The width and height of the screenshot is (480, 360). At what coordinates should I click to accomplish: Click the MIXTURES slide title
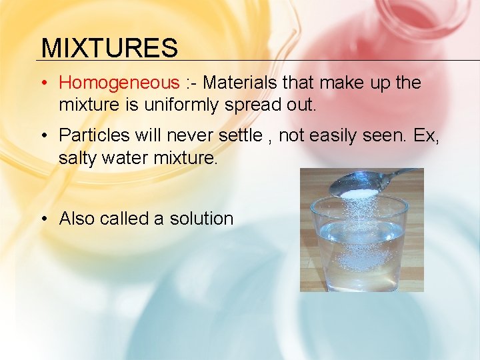coord(109,48)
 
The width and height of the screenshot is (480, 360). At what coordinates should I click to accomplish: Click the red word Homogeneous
coord(119,83)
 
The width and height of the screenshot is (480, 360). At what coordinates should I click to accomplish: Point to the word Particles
coord(95,135)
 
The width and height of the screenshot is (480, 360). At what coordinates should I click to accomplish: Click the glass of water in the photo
coord(360,247)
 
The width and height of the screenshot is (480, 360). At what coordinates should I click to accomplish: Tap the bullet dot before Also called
coord(43,219)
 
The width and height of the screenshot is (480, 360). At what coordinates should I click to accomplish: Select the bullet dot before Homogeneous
coord(43,83)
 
